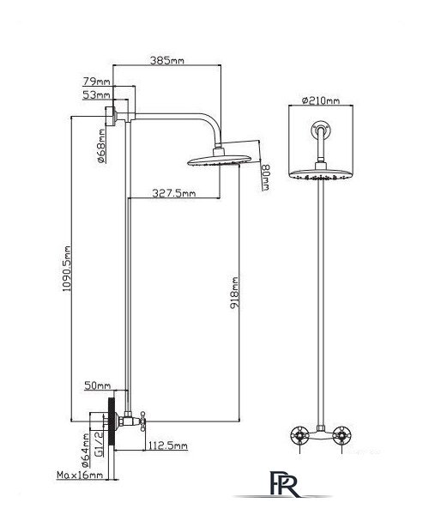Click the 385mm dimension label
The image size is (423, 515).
pos(166,60)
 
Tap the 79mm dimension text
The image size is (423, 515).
pos(96,82)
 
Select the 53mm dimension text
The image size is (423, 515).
pos(96,95)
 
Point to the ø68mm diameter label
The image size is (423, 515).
pos(102,146)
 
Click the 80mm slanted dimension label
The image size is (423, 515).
pos(265,177)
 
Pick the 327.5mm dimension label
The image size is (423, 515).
pos(173,193)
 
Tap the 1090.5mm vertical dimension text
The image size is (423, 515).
pos(67,269)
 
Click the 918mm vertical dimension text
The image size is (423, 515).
pos(234,293)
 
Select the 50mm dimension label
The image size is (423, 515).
pos(98,385)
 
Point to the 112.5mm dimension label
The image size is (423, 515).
pos(168,445)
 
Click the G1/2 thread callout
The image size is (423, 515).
pos(99,444)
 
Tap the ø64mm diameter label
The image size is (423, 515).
pos(85,451)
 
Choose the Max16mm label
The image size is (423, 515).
pos(80,475)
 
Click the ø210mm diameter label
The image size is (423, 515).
pos(321,100)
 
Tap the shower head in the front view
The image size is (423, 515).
pos(321,175)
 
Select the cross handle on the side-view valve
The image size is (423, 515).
pos(142,421)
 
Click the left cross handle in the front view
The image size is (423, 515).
pos(299,435)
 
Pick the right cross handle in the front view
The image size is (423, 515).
pos(341,435)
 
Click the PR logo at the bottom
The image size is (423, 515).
pos(284,483)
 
